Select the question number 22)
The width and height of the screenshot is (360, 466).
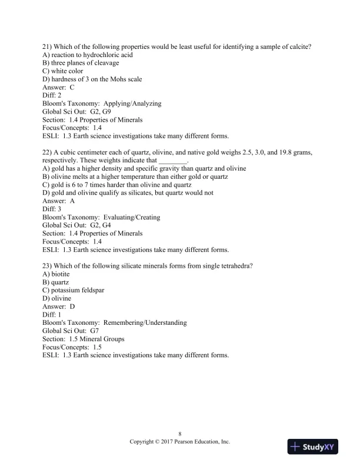point(49,152)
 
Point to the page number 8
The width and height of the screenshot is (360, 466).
point(180,432)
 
